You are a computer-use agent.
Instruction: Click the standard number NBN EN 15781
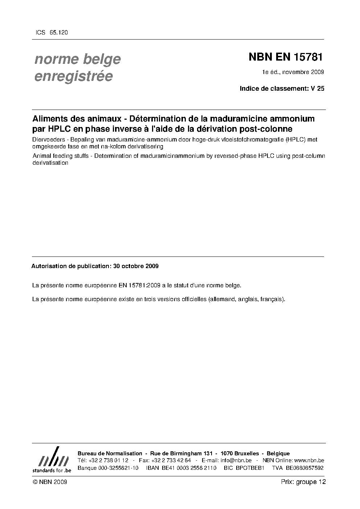point(285,57)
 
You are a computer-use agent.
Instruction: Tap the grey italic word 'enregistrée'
point(73,77)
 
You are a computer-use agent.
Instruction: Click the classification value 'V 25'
point(318,88)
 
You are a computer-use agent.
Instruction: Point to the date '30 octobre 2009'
point(136,266)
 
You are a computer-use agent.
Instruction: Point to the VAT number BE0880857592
point(304,468)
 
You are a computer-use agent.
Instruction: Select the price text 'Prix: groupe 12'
point(303,482)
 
